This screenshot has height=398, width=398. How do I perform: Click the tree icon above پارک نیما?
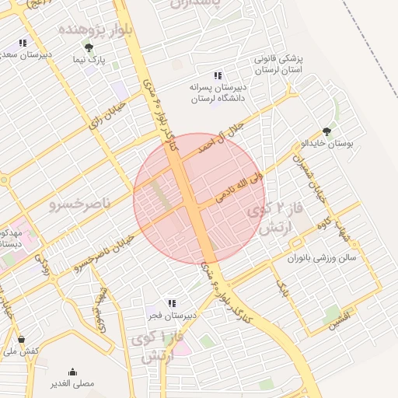click(x=88, y=47)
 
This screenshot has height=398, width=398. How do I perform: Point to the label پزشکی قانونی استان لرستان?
click(x=282, y=65)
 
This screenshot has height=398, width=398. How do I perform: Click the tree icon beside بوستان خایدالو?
click(x=326, y=131)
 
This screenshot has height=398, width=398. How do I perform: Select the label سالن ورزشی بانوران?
click(x=320, y=260)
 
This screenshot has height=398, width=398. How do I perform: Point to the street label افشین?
click(x=340, y=319)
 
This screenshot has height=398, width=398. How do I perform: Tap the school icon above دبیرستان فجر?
click(x=172, y=302)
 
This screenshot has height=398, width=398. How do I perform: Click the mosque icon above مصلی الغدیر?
click(x=73, y=372)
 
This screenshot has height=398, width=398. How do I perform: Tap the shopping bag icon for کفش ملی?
click(x=21, y=340)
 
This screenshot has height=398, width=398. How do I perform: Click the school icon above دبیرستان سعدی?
click(x=23, y=43)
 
